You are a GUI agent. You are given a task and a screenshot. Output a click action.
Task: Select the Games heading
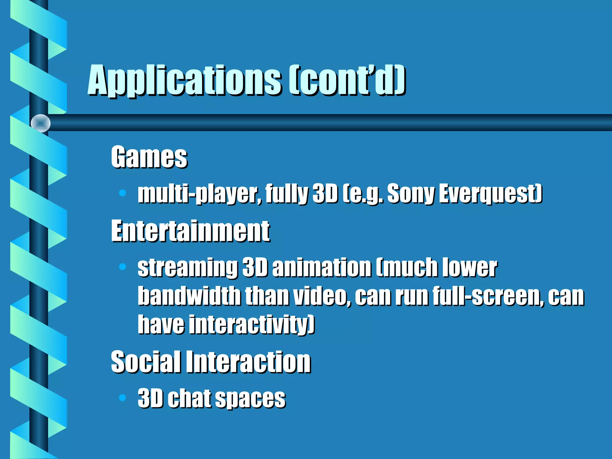pos(149,157)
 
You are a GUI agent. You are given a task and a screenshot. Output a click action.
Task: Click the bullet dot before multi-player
pos(123,193)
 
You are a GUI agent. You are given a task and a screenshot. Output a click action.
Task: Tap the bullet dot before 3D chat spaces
pos(123,397)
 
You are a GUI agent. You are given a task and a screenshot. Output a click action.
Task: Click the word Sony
pos(411,194)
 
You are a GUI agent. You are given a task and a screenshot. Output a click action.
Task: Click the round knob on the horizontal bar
pos(41,123)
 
